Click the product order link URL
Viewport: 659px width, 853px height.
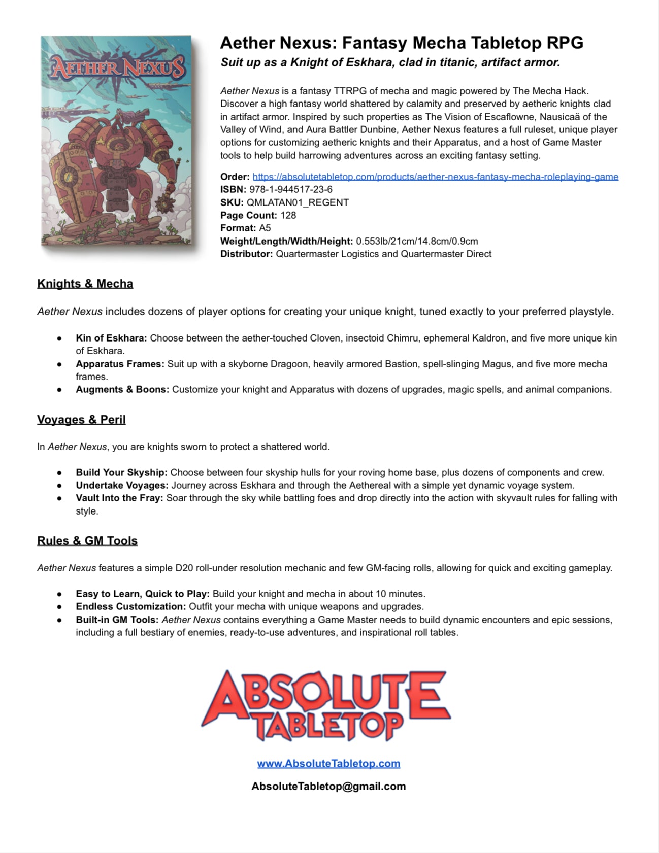435,177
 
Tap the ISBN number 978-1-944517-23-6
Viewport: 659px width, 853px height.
291,189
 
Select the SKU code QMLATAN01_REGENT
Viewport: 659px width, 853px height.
298,202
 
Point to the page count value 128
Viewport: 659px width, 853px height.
288,215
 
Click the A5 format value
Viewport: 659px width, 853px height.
265,228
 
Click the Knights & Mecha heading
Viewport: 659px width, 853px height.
85,284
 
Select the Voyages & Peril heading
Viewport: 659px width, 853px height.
81,420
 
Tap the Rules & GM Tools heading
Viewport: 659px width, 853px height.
87,541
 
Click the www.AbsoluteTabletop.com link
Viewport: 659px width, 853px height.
328,763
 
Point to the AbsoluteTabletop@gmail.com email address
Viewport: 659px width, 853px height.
328,786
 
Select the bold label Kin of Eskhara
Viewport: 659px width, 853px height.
111,338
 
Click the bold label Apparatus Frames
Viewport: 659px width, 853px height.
120,364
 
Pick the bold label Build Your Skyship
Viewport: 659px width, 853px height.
121,472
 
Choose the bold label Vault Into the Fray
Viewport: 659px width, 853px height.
119,498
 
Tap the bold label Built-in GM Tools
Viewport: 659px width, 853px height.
117,620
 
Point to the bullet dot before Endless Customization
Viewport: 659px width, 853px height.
59,607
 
